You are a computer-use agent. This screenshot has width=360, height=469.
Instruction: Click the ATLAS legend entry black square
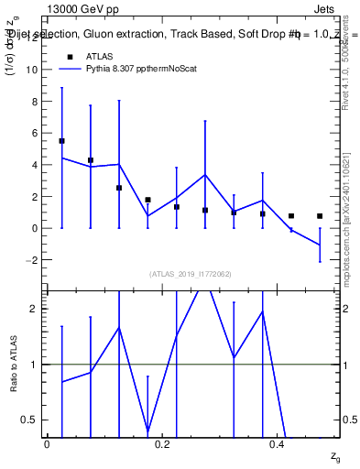click(x=67, y=55)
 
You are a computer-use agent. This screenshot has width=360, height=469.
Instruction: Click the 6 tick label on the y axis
click(x=33, y=133)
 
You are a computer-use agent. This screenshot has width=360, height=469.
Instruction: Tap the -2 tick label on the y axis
click(x=30, y=260)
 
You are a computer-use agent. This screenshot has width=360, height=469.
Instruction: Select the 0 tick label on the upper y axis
click(x=33, y=228)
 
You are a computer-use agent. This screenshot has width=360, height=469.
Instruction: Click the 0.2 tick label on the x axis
click(x=162, y=442)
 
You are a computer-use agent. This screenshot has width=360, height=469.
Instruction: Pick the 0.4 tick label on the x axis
click(x=278, y=442)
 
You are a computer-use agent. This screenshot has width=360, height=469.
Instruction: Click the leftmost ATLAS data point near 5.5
click(x=61, y=141)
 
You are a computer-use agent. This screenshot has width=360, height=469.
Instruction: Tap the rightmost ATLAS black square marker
click(x=320, y=216)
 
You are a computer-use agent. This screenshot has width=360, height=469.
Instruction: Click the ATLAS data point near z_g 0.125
click(x=119, y=188)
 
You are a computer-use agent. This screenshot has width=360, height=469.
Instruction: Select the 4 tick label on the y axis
click(x=33, y=165)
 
